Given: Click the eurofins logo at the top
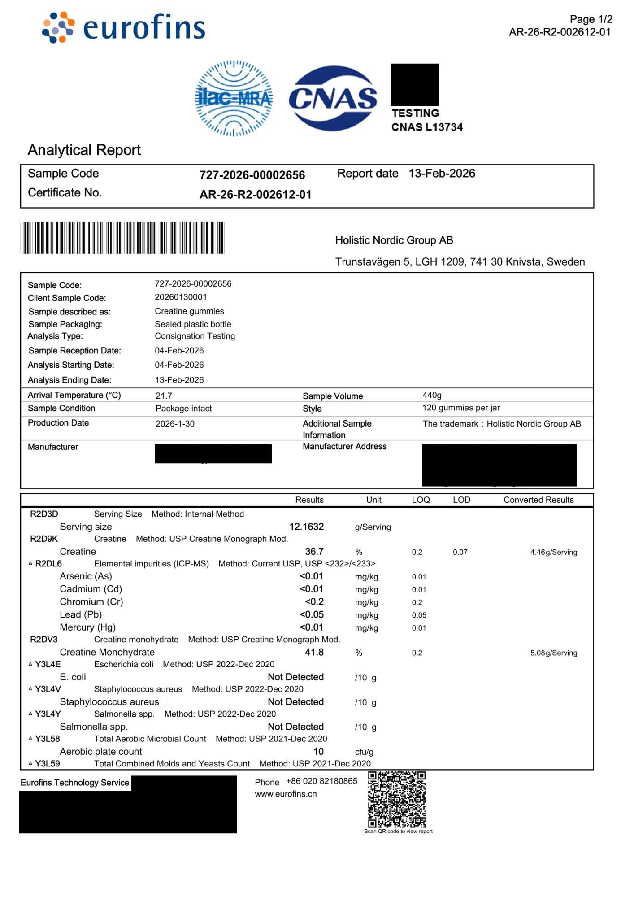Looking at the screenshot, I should (x=124, y=27).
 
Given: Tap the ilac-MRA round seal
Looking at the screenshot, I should (x=234, y=98).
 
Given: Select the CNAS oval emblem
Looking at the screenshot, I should (x=333, y=98).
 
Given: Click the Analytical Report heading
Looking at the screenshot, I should (x=84, y=150).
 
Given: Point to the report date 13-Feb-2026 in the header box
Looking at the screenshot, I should (x=442, y=174).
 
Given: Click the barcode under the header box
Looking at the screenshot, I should (x=122, y=238).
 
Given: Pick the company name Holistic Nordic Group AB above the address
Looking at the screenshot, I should (x=394, y=240).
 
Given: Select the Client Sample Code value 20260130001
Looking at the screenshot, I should (x=181, y=297).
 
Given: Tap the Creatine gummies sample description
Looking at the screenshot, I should (x=189, y=311).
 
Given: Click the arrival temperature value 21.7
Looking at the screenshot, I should (x=164, y=396).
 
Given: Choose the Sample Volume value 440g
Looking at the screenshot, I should (x=432, y=395).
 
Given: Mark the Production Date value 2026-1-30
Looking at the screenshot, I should (x=175, y=424).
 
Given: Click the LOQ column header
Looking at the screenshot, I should (x=421, y=500).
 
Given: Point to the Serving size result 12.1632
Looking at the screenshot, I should (x=307, y=527).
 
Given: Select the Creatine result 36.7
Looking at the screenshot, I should (x=314, y=552).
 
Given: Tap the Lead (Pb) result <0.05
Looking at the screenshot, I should (x=312, y=615).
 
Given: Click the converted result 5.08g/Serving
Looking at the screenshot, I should (x=554, y=653).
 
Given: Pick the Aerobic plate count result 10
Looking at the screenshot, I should (x=318, y=752).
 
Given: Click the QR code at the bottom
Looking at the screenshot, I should (x=397, y=800).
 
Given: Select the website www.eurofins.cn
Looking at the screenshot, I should (x=286, y=794).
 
